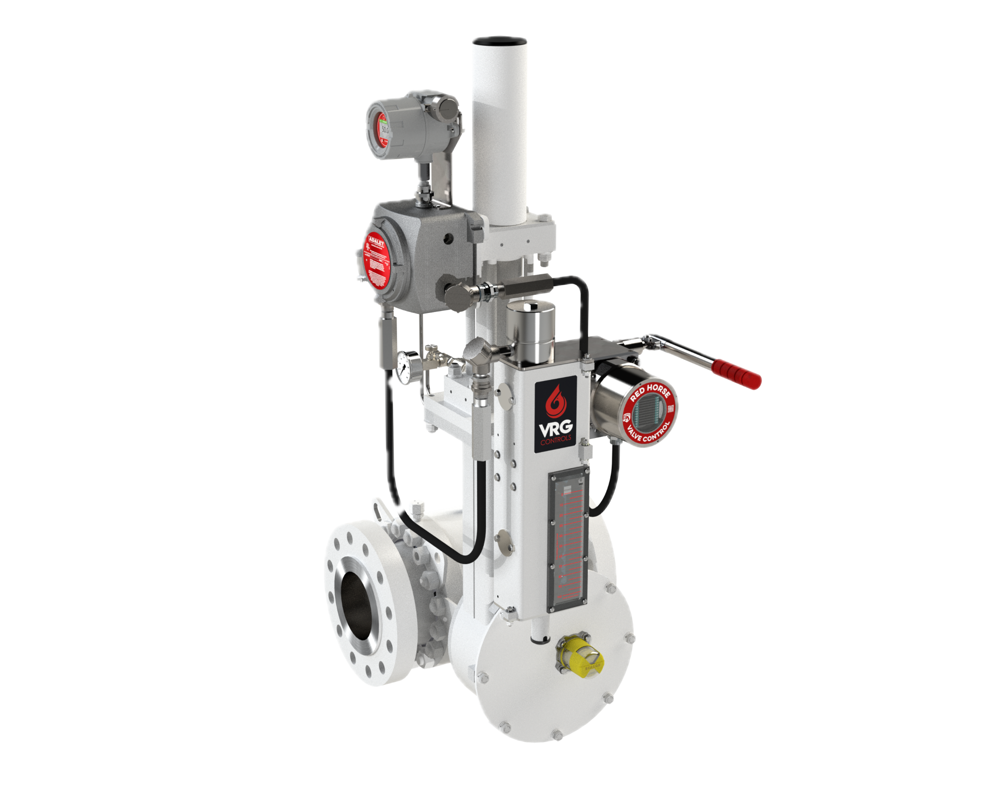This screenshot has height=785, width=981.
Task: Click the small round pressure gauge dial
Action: pyautogui.click(x=405, y=367)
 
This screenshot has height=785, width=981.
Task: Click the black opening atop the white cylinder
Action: pyautogui.click(x=498, y=41)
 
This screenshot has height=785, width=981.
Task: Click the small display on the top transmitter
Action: pyautogui.click(x=384, y=130)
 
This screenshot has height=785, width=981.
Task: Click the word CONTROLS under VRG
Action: pyautogui.click(x=556, y=439)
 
